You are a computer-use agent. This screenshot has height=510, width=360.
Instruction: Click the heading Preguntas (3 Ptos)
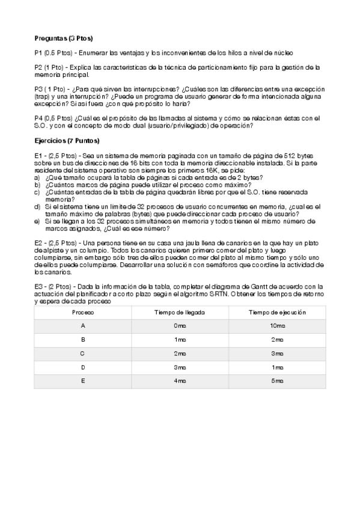pyautogui.click(x=63, y=37)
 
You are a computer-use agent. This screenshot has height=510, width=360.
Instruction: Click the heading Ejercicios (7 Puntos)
pyautogui.click(x=67, y=140)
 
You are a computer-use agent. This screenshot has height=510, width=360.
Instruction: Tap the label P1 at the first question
pyautogui.click(x=40, y=53)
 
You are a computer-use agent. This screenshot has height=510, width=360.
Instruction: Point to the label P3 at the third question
pyautogui.click(x=40, y=89)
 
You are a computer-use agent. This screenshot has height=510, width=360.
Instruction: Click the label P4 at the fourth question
pyautogui.click(x=40, y=118)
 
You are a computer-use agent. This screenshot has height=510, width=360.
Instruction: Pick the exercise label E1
pyautogui.click(x=40, y=155)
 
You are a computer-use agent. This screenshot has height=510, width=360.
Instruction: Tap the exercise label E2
pyautogui.click(x=40, y=242)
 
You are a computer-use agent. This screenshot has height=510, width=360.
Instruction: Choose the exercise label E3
pyautogui.click(x=40, y=286)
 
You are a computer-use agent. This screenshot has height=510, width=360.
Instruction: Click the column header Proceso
pyautogui.click(x=82, y=313)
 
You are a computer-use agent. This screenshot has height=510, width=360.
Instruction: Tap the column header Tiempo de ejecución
pyautogui.click(x=277, y=313)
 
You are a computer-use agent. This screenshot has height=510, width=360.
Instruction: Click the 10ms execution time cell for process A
pyautogui.click(x=277, y=325)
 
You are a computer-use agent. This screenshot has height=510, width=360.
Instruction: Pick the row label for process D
pyautogui.click(x=82, y=367)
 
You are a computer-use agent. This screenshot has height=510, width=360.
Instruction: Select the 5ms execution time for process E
pyautogui.click(x=277, y=381)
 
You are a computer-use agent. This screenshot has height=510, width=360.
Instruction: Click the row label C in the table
pyautogui.click(x=82, y=353)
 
